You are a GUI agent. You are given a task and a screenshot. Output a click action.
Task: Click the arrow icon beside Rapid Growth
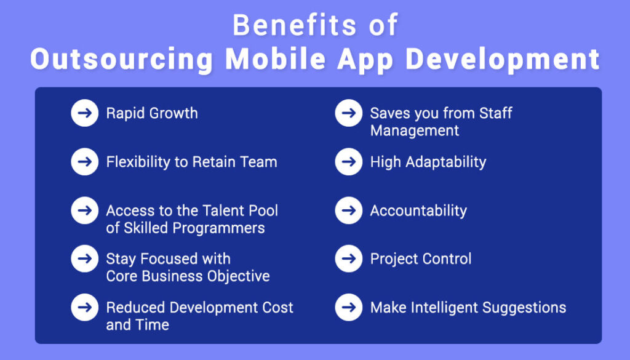(84, 113)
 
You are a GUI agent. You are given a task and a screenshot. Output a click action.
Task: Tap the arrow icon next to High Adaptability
(348, 162)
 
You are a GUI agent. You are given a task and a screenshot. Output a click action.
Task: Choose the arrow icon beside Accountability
(348, 210)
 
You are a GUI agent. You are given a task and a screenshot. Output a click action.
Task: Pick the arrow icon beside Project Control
(348, 258)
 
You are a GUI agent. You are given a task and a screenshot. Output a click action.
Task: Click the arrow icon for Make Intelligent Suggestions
(348, 307)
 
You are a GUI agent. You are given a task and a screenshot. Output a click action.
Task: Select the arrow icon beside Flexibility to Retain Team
(84, 162)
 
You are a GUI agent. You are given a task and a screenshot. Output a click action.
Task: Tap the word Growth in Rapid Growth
(173, 114)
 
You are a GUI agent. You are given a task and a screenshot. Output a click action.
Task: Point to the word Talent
(222, 210)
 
